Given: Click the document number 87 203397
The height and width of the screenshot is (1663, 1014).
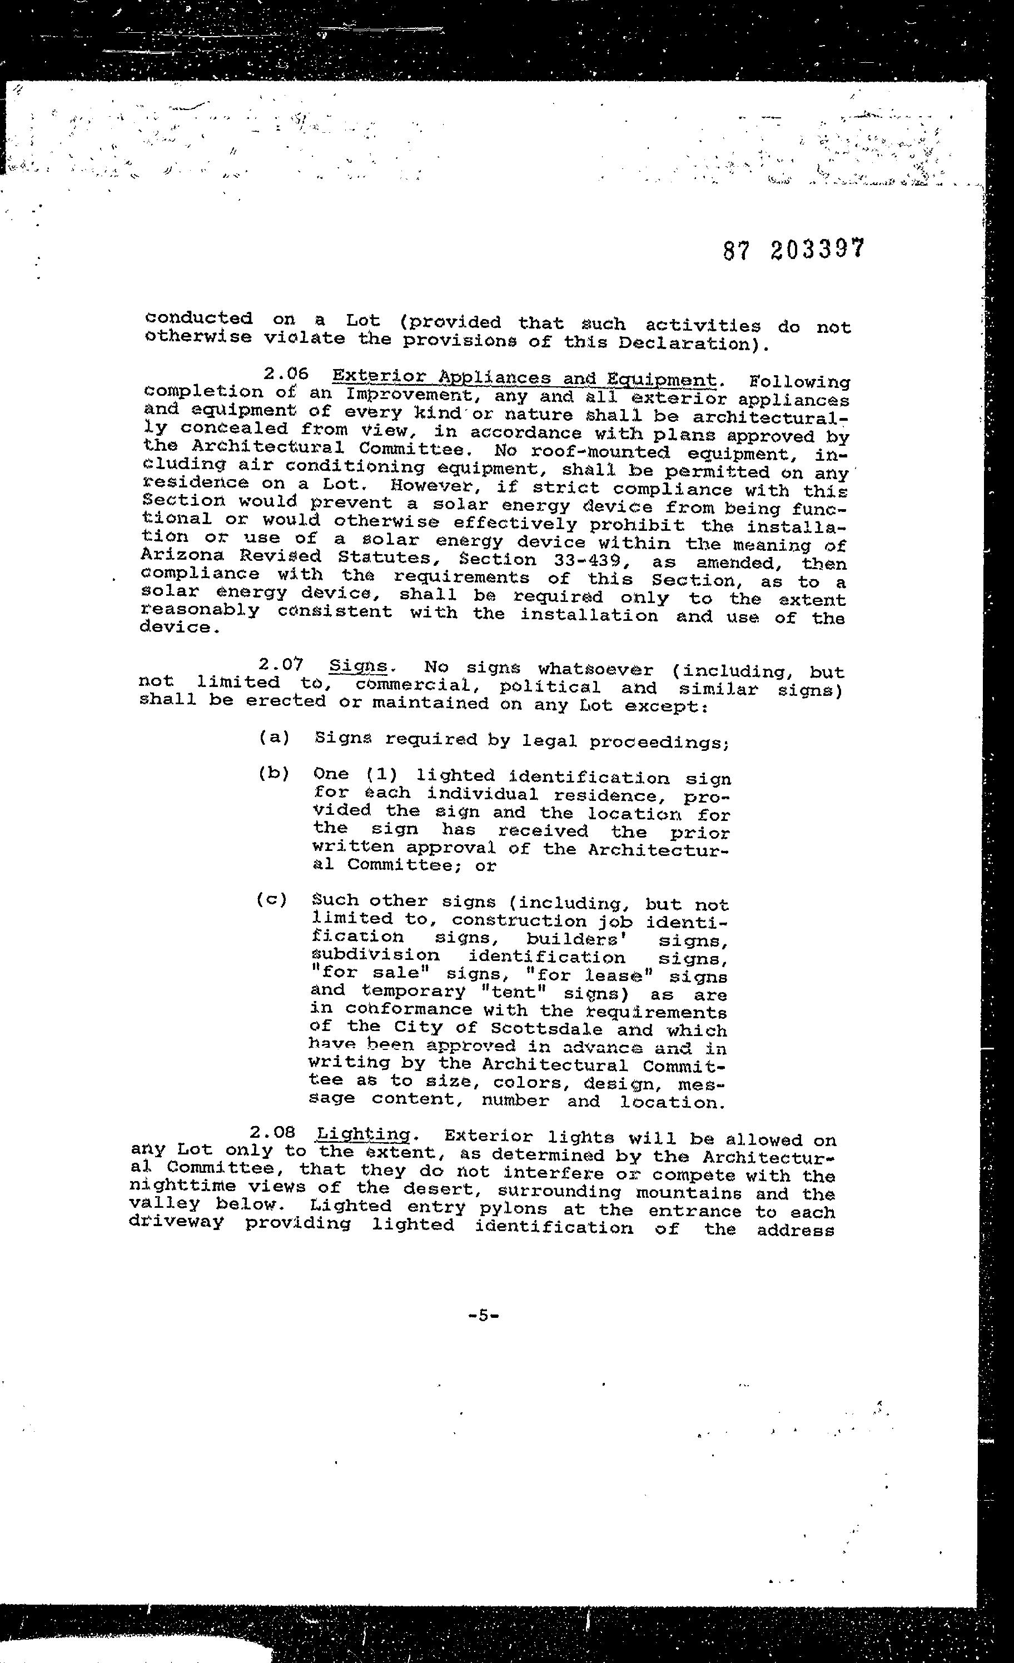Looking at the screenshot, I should (x=793, y=250).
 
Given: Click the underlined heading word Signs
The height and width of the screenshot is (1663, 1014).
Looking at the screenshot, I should (x=359, y=666).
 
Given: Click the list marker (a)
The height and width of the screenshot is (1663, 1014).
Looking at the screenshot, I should (x=274, y=737).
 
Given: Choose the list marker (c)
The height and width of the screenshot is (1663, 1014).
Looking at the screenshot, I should (x=271, y=900).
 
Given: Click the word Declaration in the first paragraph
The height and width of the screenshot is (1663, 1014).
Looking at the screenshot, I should (x=686, y=343).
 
